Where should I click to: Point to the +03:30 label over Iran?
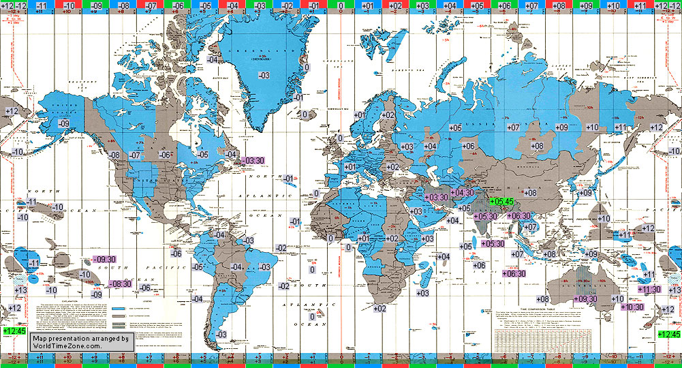pos(435,197)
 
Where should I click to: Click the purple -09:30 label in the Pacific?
pos(103,260)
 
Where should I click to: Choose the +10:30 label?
pos(633,307)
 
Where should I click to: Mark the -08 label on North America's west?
pos(114,155)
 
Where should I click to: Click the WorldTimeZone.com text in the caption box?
pos(67,346)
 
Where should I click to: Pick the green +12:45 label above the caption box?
pos(14,331)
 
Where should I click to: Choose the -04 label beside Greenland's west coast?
pos(213,60)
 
